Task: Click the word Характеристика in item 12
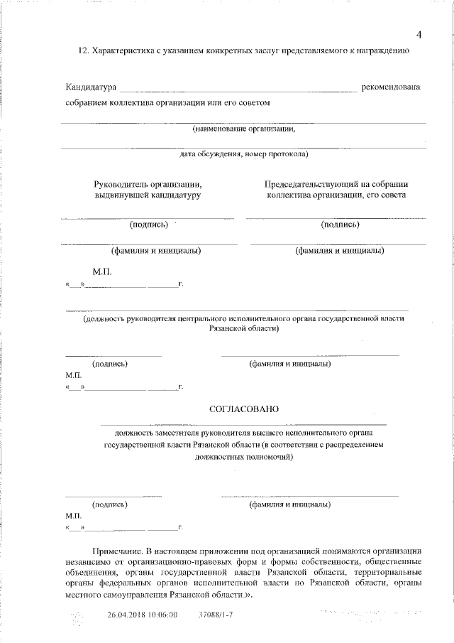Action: coord(121,51)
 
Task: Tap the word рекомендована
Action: coord(391,87)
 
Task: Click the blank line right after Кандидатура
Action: coord(238,90)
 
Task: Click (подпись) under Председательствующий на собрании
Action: coord(340,225)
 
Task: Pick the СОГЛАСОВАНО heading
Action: coord(244,409)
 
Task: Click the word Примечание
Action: coord(117,551)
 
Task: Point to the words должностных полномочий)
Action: coord(243,458)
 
